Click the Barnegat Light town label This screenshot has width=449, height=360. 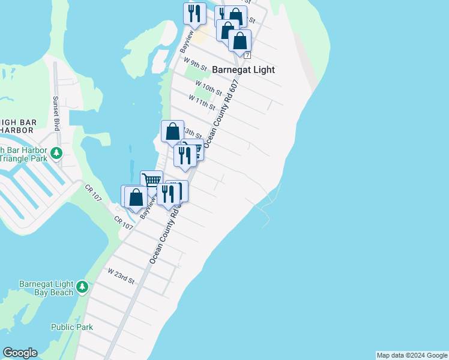pyautogui.click(x=243, y=70)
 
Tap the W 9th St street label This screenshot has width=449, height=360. pyautogui.click(x=196, y=63)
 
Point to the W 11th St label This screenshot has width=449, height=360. pyautogui.click(x=202, y=102)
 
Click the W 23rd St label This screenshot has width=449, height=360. pyautogui.click(x=121, y=276)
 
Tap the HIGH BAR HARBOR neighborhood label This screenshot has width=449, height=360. pyautogui.click(x=18, y=126)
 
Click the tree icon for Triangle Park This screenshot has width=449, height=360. pyautogui.click(x=56, y=153)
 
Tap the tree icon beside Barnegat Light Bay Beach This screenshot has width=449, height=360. pyautogui.click(x=82, y=287)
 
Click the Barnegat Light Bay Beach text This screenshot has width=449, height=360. pyautogui.click(x=46, y=287)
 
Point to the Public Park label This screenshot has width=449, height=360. pyautogui.click(x=72, y=327)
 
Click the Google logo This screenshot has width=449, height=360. pyautogui.click(x=20, y=353)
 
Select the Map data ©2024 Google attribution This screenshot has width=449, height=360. pyautogui.click(x=412, y=355)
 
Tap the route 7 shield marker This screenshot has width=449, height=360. pyautogui.click(x=247, y=55)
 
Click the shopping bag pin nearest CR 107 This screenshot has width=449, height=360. pyautogui.click(x=136, y=196)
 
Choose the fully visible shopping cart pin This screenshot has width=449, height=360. pyautogui.click(x=151, y=180)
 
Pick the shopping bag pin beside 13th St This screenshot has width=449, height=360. pyautogui.click(x=172, y=131)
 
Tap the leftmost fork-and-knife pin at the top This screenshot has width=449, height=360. pyautogui.click(x=194, y=13)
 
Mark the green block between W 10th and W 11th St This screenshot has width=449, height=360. pyautogui.click(x=204, y=94)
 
